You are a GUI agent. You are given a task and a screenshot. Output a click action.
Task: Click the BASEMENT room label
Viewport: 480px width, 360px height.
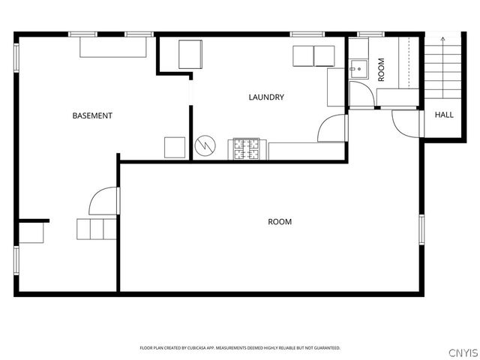[92, 115]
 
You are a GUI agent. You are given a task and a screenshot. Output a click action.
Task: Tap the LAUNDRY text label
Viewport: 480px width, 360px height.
[266, 97]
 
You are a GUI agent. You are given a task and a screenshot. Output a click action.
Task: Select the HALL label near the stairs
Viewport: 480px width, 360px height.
[444, 115]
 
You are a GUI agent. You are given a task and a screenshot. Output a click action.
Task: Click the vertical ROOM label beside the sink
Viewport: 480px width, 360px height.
[381, 70]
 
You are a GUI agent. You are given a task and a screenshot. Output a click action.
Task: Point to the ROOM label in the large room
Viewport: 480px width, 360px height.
[280, 222]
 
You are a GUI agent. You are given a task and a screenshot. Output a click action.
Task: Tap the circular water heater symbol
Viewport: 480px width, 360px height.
[204, 145]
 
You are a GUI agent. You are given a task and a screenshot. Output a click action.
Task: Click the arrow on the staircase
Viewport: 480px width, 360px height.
[443, 39]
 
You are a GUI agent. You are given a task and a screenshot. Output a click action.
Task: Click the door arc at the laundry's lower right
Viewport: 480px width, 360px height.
[331, 129]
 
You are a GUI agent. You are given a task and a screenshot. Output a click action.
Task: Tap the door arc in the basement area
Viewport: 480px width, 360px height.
[103, 200]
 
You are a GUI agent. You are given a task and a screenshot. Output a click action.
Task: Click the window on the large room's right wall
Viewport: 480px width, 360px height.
[421, 232]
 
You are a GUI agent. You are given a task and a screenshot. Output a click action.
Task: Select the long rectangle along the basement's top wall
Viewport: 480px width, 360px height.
[114, 47]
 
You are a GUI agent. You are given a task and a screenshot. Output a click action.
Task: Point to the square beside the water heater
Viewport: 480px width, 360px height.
[175, 147]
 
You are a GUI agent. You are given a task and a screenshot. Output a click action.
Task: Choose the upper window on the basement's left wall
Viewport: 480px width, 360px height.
[16, 58]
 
